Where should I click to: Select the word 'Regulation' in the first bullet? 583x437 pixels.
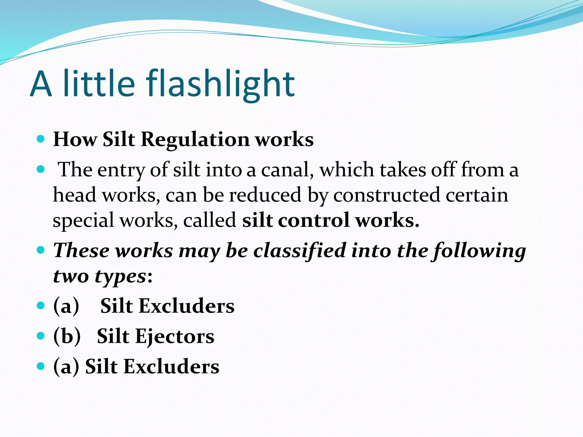pos(195,139)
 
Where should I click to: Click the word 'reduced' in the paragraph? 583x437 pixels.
pos(265,195)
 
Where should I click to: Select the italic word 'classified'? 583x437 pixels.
pos(299,251)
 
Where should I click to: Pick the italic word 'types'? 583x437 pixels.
pos(120,276)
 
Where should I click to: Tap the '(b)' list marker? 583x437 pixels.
pos(67,336)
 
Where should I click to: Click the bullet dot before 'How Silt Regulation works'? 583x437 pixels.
pos(41,139)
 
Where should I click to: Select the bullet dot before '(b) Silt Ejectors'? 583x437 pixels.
pos(41,336)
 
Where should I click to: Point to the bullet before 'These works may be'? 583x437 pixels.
pos(41,250)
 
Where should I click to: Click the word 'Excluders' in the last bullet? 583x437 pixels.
pos(171,366)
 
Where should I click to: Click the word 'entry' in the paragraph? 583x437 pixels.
pos(121,170)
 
